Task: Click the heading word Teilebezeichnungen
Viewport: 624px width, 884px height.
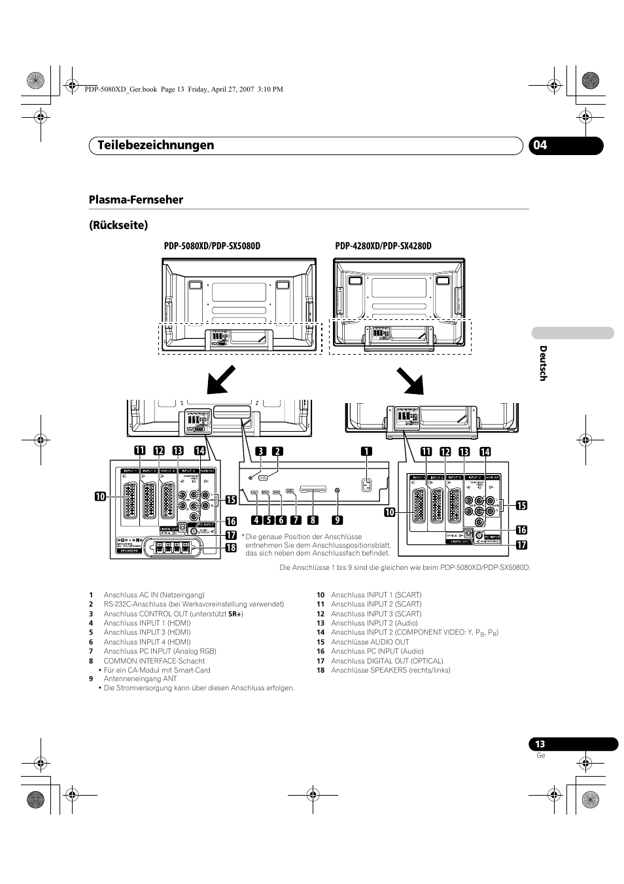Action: (x=151, y=145)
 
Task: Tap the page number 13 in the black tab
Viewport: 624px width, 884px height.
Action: (x=540, y=744)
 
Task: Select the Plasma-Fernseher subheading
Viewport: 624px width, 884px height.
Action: (x=135, y=200)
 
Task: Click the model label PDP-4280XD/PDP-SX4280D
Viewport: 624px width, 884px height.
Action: (x=383, y=246)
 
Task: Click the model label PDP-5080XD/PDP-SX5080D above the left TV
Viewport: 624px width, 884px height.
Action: (x=211, y=246)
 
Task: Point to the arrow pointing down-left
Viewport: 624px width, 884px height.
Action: (x=221, y=380)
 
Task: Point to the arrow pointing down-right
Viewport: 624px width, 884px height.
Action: (x=409, y=380)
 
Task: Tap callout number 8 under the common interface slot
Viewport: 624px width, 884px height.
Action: (x=313, y=521)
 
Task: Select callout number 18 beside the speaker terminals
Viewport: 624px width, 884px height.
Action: (x=230, y=548)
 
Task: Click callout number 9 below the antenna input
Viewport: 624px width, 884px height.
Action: (x=336, y=521)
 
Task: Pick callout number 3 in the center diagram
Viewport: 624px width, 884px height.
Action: (x=261, y=451)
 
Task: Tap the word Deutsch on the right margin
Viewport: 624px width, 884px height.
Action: (x=542, y=363)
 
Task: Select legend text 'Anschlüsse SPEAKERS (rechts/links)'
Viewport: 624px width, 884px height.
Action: (x=390, y=670)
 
